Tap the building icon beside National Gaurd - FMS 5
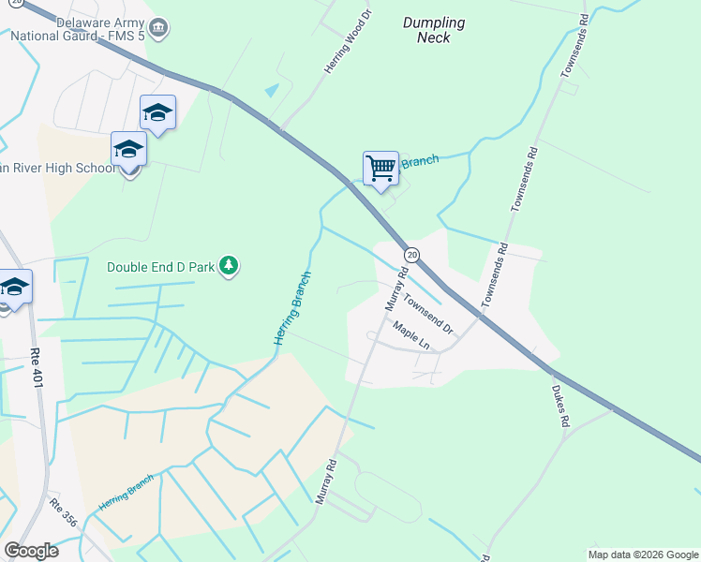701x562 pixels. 159,29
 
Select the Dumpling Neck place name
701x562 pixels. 433,30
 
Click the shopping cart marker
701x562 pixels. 380,170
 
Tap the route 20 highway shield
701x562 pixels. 411,255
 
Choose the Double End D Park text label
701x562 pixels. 161,267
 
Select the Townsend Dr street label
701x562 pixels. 428,315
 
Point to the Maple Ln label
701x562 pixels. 410,336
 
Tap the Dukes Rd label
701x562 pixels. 560,406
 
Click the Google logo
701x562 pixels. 31,551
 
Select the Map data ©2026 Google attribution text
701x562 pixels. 643,555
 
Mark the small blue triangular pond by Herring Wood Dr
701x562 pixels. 272,91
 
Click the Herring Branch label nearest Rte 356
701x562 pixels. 126,494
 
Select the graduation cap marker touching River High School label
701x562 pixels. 129,150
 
